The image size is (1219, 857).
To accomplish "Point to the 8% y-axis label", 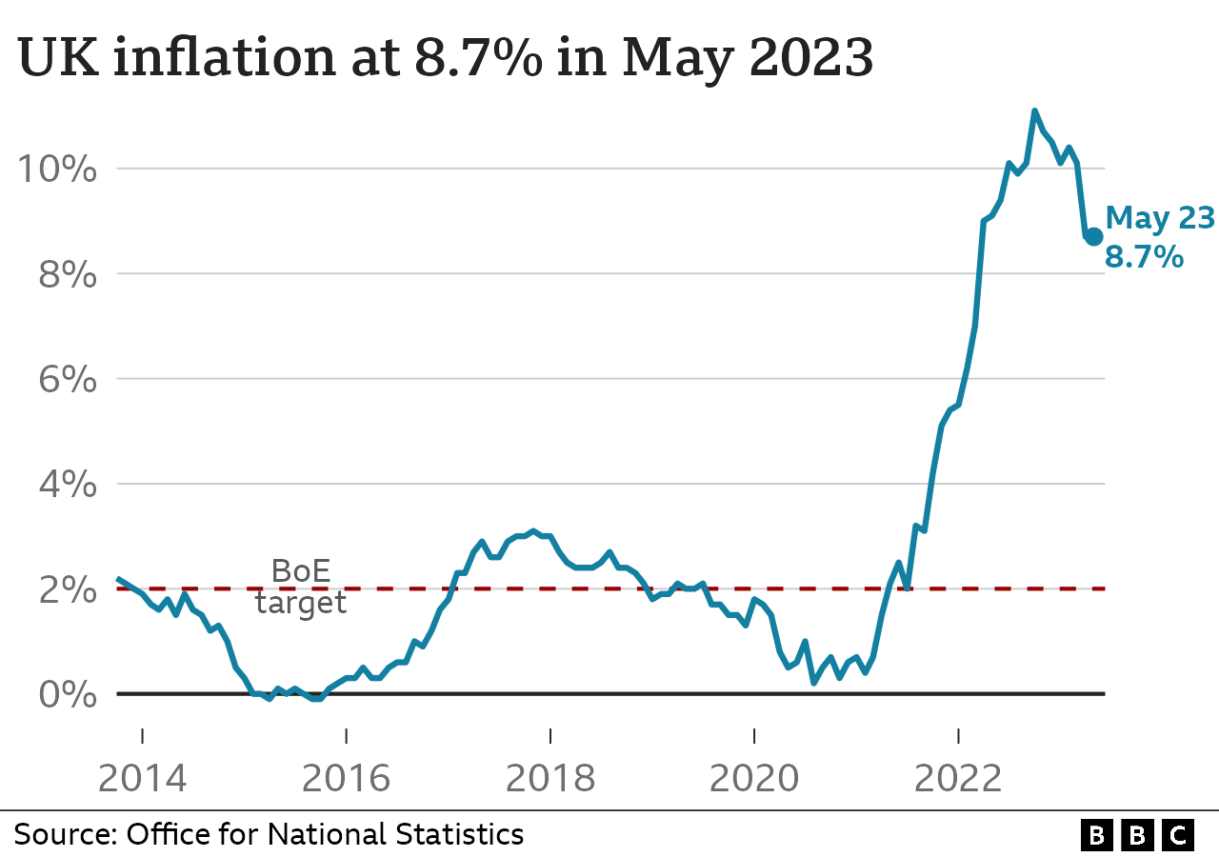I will pyautogui.click(x=68, y=275).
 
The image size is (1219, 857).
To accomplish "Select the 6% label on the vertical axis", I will pyautogui.click(x=68, y=380).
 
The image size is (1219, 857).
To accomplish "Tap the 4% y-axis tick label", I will pyautogui.click(x=68, y=485).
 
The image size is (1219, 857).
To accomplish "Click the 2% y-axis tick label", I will pyautogui.click(x=68, y=589).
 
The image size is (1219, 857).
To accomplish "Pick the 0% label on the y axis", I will pyautogui.click(x=68, y=694).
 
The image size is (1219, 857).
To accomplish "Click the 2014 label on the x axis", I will pyautogui.click(x=143, y=778).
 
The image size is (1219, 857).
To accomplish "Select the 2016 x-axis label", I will pyautogui.click(x=347, y=778).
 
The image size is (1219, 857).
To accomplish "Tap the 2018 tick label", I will pyautogui.click(x=550, y=778).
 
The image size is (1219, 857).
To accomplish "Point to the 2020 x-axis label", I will pyautogui.click(x=754, y=778).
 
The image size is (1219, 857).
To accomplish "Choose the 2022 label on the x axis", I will pyautogui.click(x=958, y=778).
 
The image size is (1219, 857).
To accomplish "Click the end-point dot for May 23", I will pyautogui.click(x=1093, y=236).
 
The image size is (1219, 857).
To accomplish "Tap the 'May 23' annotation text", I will pyautogui.click(x=1160, y=218).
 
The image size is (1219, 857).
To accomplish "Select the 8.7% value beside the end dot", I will pyautogui.click(x=1144, y=256).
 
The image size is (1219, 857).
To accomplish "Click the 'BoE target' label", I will pyautogui.click(x=301, y=587).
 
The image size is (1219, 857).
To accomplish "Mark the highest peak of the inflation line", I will pyautogui.click(x=1034, y=111).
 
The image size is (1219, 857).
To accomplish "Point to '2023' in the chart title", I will pyautogui.click(x=811, y=59).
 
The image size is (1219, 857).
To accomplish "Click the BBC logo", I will pyautogui.click(x=1137, y=835).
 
